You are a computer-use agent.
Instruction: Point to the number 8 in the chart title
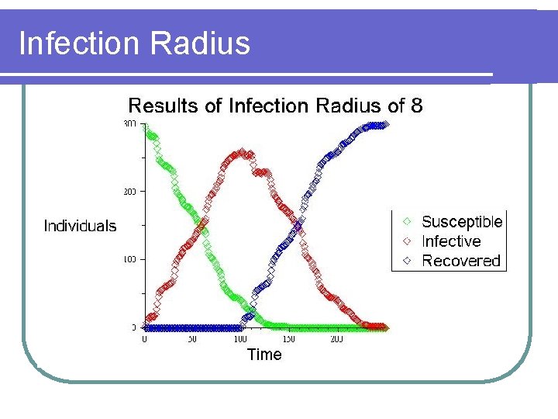click(x=417, y=106)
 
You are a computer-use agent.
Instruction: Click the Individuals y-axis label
click(x=80, y=226)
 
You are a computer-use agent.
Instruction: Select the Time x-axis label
click(x=264, y=355)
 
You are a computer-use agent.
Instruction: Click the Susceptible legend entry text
click(x=462, y=222)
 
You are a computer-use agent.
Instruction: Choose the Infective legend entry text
click(x=451, y=241)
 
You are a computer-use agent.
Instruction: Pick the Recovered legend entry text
click(x=461, y=261)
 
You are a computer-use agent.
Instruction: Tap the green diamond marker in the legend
click(x=406, y=222)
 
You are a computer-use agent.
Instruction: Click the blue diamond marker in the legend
click(x=406, y=261)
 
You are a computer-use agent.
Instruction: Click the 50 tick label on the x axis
click(x=191, y=340)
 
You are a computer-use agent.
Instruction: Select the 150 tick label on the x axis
click(x=288, y=340)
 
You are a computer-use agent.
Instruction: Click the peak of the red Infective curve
click(x=241, y=153)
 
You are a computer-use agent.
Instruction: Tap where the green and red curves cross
click(x=204, y=226)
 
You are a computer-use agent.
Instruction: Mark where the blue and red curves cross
click(x=299, y=226)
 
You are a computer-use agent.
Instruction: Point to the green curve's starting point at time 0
click(x=146, y=126)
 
